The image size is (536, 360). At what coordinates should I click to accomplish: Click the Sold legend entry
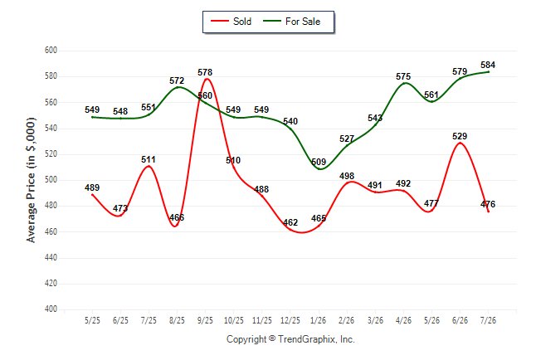(x=231, y=22)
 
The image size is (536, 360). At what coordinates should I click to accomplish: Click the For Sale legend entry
(x=291, y=22)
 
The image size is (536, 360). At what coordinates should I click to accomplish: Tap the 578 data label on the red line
(x=205, y=72)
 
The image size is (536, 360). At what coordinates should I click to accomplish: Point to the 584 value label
(x=488, y=65)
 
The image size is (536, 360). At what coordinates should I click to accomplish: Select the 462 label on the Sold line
(x=290, y=222)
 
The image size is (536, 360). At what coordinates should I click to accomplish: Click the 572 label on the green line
(x=177, y=80)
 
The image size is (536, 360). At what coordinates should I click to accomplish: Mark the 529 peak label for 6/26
(x=460, y=136)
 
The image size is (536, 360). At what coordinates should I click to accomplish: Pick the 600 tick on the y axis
(x=51, y=51)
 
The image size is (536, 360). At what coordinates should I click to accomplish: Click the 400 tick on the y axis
(x=51, y=309)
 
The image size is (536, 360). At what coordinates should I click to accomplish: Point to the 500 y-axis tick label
(x=51, y=180)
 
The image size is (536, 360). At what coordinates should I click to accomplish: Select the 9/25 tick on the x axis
(x=205, y=320)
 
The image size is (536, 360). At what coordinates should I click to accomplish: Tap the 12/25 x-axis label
(x=290, y=320)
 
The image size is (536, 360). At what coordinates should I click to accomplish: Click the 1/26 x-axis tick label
(x=319, y=320)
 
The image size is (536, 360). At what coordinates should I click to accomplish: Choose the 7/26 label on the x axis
(x=488, y=320)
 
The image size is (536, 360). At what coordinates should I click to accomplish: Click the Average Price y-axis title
(x=31, y=180)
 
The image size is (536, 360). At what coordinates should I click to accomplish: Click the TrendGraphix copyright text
(x=290, y=339)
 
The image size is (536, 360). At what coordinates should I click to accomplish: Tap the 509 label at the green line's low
(x=319, y=162)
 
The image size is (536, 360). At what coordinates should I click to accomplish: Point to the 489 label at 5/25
(x=92, y=187)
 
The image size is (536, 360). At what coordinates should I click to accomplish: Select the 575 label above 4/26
(x=403, y=76)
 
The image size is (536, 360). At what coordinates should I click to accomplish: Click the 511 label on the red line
(x=149, y=159)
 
